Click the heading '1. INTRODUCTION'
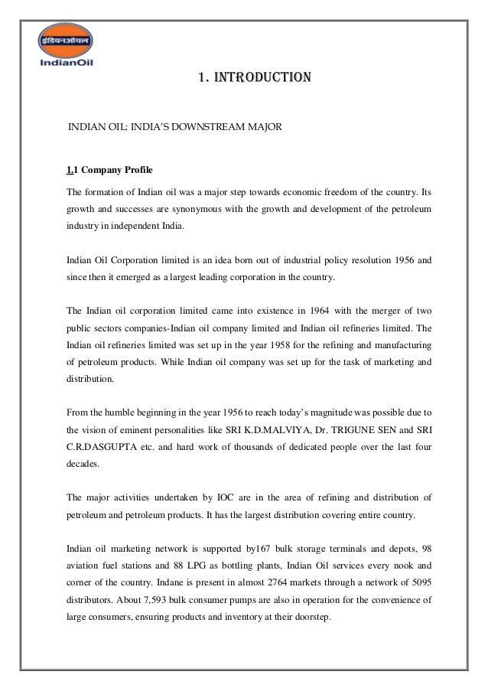[x=254, y=77]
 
